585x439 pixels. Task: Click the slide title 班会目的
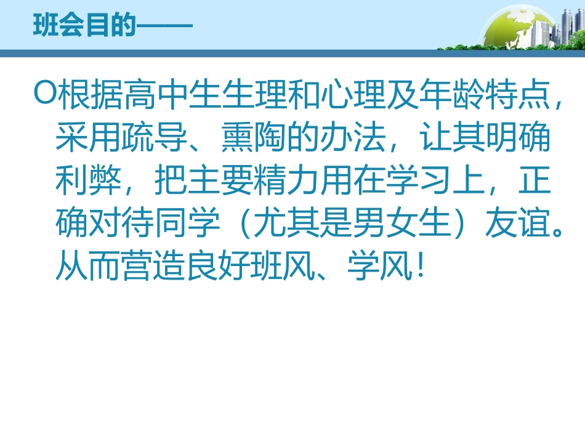pyautogui.click(x=84, y=26)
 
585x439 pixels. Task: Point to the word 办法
pyautogui.click(x=355, y=137)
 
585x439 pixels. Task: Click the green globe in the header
pyautogui.click(x=514, y=28)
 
